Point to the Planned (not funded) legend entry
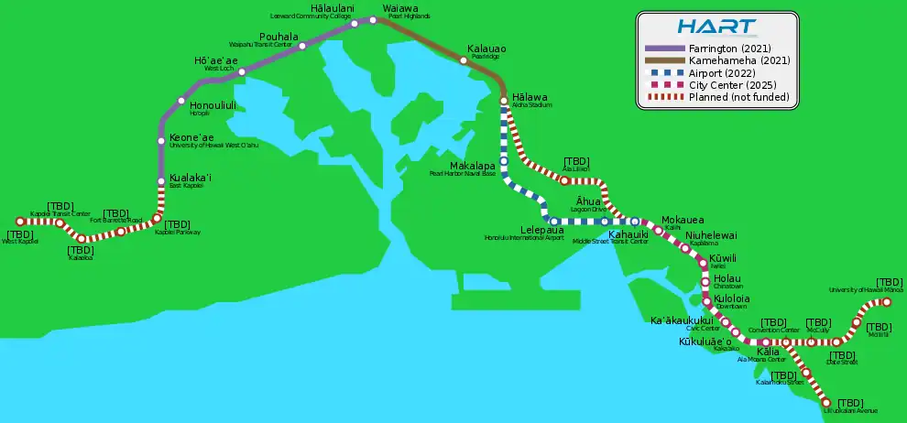point(728,97)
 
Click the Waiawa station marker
point(373,19)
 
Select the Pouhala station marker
point(302,46)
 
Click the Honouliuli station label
point(213,105)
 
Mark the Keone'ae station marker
point(161,140)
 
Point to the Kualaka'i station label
point(191,178)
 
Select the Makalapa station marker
point(503,161)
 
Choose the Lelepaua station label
point(542,231)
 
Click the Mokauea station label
point(683,221)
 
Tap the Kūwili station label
point(723,259)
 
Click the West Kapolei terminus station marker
point(19,221)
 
